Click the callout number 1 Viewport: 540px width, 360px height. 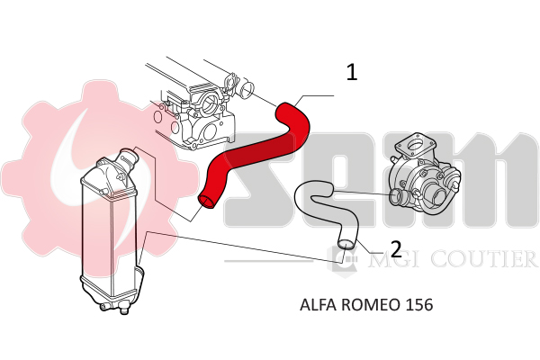pyautogui.click(x=351, y=73)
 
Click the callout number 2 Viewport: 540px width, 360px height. pyautogui.click(x=394, y=247)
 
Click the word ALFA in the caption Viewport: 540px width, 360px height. pyautogui.click(x=317, y=305)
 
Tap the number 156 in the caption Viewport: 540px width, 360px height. pyautogui.click(x=419, y=305)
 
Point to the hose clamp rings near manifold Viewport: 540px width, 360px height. pyautogui.click(x=241, y=89)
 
